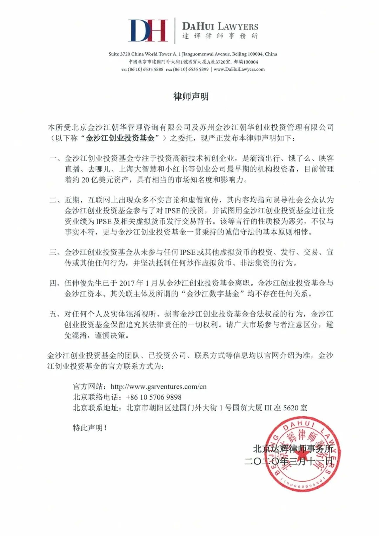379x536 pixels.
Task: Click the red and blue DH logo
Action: point(148,31)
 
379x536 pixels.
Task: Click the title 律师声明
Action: point(191,97)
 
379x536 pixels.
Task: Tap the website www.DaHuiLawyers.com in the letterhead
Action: point(239,70)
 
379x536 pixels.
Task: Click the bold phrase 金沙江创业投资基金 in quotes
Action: point(120,138)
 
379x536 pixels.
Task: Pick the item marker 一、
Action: point(55,159)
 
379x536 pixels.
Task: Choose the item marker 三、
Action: point(55,252)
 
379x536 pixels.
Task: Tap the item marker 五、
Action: point(55,314)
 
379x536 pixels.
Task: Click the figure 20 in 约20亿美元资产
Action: point(86,180)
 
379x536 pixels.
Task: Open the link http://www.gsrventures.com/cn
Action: point(159,387)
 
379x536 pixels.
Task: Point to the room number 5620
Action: point(291,408)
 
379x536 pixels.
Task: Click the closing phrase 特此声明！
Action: point(90,428)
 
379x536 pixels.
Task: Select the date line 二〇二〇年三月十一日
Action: point(289,461)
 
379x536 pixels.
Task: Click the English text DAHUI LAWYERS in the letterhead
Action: point(220,26)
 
